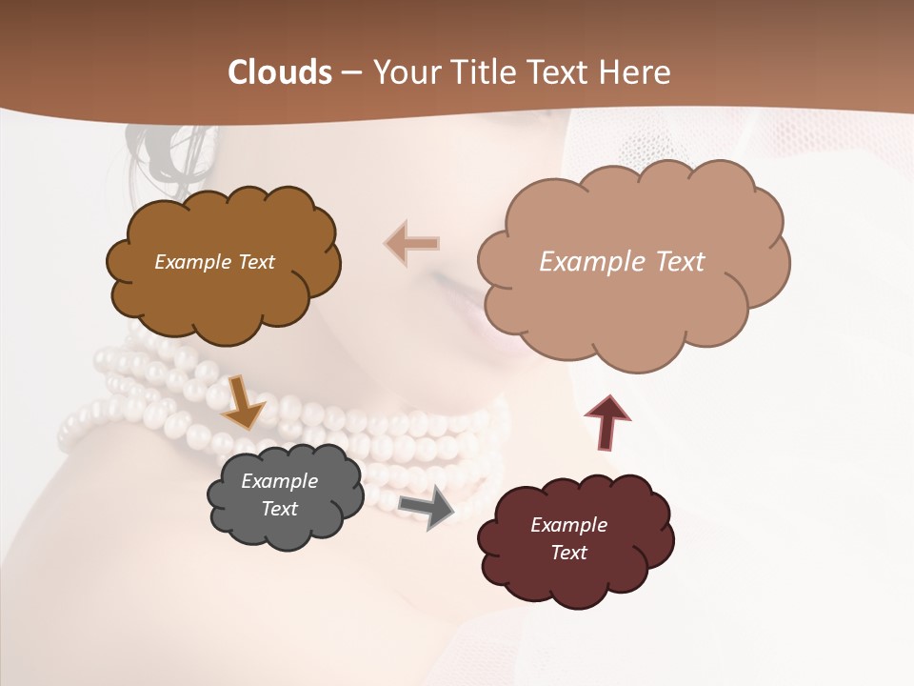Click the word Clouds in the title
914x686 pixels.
(280, 72)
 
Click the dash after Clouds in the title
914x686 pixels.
(351, 73)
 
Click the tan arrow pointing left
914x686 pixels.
(412, 244)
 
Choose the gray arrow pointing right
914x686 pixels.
(427, 508)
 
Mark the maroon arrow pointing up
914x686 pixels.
(606, 420)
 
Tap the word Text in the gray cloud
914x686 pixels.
(280, 509)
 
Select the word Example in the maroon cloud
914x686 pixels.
(568, 525)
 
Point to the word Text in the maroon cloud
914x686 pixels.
(568, 553)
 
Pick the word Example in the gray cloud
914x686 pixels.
(280, 481)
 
